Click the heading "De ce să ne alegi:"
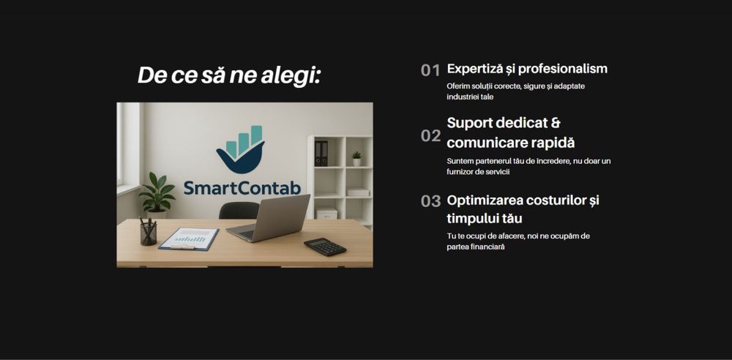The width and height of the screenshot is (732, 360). click(229, 75)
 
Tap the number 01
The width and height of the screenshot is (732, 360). click(430, 71)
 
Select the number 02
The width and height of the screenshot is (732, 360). click(430, 135)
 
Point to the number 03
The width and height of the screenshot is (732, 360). click(430, 201)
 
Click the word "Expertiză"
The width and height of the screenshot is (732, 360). click(475, 69)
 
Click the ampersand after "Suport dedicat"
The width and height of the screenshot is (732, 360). click(556, 123)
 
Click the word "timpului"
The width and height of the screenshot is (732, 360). click(474, 219)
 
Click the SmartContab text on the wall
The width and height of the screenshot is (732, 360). click(242, 188)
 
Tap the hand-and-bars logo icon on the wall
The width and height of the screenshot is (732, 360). click(241, 150)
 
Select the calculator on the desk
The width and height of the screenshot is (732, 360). click(325, 247)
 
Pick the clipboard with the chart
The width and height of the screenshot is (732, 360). click(189, 239)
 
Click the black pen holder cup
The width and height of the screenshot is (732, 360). click(149, 233)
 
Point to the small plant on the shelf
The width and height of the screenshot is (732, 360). click(356, 158)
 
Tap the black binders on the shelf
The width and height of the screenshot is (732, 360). click(321, 153)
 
